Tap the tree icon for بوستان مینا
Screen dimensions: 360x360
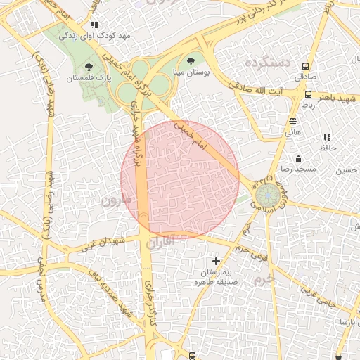(191, 61)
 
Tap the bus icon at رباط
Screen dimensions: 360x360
(309, 94)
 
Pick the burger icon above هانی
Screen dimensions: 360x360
(292, 120)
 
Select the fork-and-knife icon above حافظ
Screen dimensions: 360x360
(326, 137)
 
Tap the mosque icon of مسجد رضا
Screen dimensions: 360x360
(299, 159)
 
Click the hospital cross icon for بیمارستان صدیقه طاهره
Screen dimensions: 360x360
(216, 262)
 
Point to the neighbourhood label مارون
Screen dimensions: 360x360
(116, 200)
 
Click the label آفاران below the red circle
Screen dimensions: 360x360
(162, 243)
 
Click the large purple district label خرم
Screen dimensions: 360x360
(264, 278)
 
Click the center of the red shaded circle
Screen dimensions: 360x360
(180, 176)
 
